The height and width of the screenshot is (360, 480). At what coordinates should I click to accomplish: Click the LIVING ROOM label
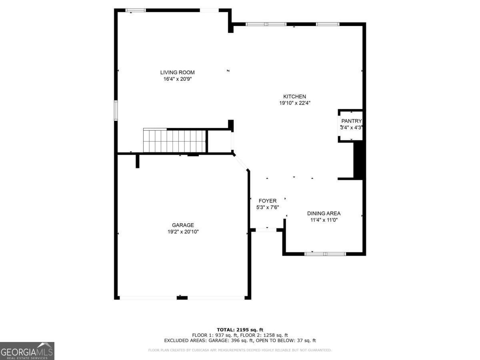pos(177,72)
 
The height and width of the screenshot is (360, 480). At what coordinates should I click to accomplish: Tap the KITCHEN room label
pos(294,96)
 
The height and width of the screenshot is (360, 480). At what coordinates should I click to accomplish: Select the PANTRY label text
pos(352,121)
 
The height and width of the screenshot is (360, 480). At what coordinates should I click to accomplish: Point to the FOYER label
pos(268,201)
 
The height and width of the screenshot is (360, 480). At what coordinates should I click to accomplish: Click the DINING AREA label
pos(324,213)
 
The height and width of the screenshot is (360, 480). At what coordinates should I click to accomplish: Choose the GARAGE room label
pos(183,225)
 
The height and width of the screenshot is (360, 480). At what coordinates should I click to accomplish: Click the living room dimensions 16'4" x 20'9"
pos(178,79)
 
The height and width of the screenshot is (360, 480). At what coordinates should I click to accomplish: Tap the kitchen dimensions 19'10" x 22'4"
pos(295,103)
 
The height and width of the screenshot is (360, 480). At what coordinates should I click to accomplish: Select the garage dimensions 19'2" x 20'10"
pos(183,232)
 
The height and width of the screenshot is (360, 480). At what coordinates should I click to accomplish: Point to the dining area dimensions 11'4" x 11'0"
pos(324,220)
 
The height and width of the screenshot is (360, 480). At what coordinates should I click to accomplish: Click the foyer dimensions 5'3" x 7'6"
pos(268,207)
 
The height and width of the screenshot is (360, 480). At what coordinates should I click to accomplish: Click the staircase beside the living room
pos(174,140)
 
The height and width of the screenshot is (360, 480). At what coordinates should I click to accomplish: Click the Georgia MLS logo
pos(27,351)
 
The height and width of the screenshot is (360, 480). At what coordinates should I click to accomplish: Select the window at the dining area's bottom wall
pos(325,254)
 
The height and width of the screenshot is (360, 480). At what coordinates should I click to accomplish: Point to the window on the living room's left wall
pos(116,111)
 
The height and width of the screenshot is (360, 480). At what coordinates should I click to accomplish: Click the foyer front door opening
pos(266,230)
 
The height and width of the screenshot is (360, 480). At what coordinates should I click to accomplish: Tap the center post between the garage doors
pos(182,298)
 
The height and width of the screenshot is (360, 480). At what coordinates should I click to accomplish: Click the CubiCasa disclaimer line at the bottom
pos(240,350)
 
